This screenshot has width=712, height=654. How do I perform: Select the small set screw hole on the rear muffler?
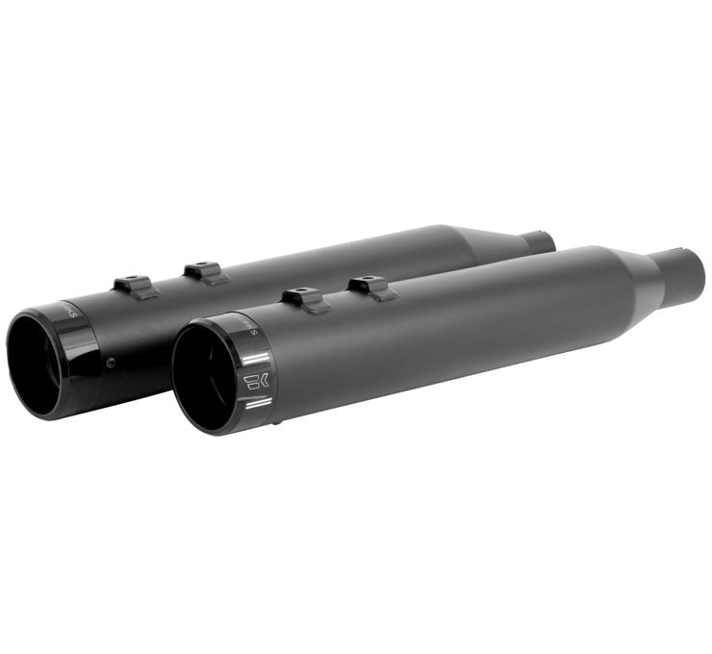[x=112, y=363]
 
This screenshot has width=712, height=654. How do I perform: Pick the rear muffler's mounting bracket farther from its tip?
[x=206, y=272]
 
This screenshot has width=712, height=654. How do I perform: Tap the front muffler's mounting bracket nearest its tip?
[x=303, y=299]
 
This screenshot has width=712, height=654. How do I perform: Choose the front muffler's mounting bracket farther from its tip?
[x=371, y=286]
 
